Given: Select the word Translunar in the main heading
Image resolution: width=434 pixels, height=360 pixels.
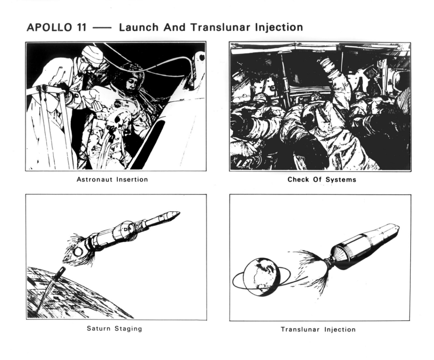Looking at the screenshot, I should point(221,28).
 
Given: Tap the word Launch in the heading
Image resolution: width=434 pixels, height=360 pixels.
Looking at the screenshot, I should point(139,28).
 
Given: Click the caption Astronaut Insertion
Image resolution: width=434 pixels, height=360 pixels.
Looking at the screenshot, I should point(112,180).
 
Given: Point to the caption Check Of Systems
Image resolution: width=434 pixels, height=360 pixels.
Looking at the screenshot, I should point(322,180).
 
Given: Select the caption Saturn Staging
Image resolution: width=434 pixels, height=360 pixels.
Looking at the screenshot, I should point(114,329).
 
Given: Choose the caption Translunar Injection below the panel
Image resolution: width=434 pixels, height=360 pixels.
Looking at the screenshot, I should point(318,329).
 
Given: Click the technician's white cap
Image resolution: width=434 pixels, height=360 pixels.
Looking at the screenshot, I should point(93,54).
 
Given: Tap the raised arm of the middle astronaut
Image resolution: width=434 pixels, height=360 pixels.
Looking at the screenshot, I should point(335,80).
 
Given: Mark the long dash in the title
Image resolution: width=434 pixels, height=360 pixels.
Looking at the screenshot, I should point(102,28).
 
